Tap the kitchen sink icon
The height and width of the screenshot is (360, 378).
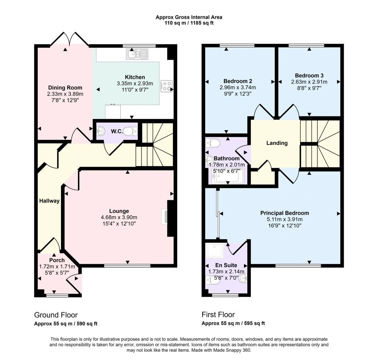[x=137, y=54]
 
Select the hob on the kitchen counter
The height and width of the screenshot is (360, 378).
[x=166, y=86]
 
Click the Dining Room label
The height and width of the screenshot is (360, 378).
[x=64, y=88]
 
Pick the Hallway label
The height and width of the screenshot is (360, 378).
[x=49, y=201]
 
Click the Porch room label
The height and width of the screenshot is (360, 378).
[x=57, y=260]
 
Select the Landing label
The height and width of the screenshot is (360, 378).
[x=277, y=143]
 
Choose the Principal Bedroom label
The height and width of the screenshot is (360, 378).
[x=285, y=213]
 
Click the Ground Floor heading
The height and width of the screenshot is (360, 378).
[x=56, y=315]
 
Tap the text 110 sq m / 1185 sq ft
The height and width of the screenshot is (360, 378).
[x=189, y=23]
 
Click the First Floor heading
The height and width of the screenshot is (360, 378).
[x=218, y=315]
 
